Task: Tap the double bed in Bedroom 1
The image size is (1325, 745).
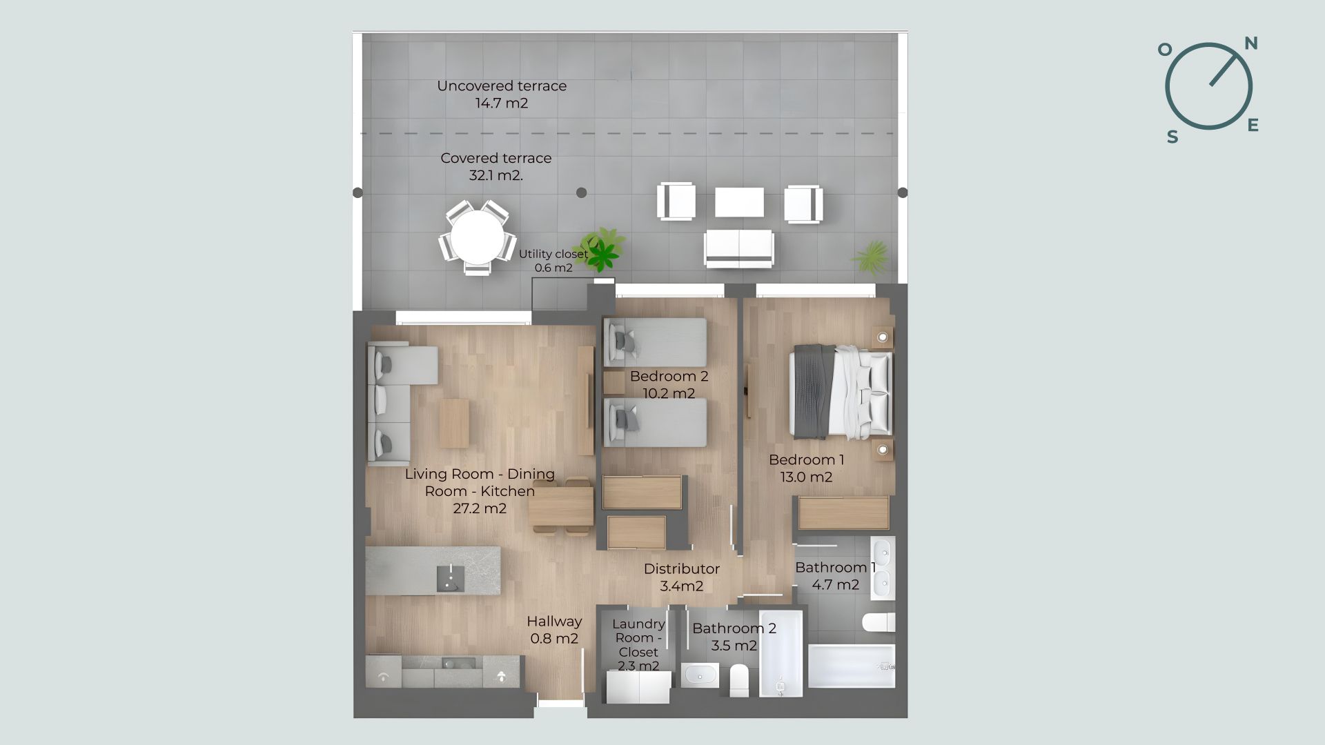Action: (x=841, y=392)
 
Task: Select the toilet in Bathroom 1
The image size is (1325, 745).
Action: (x=879, y=622)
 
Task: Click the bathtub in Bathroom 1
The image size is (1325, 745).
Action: (x=852, y=666)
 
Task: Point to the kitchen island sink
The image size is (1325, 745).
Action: (x=451, y=578)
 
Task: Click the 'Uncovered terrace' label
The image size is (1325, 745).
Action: (x=502, y=86)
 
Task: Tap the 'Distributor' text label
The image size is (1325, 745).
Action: (x=682, y=569)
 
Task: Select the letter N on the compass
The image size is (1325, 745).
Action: (x=1251, y=43)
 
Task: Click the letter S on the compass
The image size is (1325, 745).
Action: (x=1172, y=137)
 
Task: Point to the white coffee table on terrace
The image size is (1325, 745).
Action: (x=739, y=202)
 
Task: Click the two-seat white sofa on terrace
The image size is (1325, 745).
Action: (x=738, y=248)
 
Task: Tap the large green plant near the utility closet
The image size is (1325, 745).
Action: (x=602, y=248)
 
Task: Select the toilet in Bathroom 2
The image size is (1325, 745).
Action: (x=739, y=679)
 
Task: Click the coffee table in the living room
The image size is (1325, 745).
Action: (x=454, y=423)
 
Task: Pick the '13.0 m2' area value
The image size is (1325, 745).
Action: (x=806, y=477)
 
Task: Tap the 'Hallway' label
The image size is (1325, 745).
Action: (x=554, y=622)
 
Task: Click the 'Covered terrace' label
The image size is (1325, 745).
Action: (x=496, y=158)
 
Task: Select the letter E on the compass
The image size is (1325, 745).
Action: (x=1253, y=125)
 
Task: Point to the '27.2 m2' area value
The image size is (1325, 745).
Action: (x=480, y=508)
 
